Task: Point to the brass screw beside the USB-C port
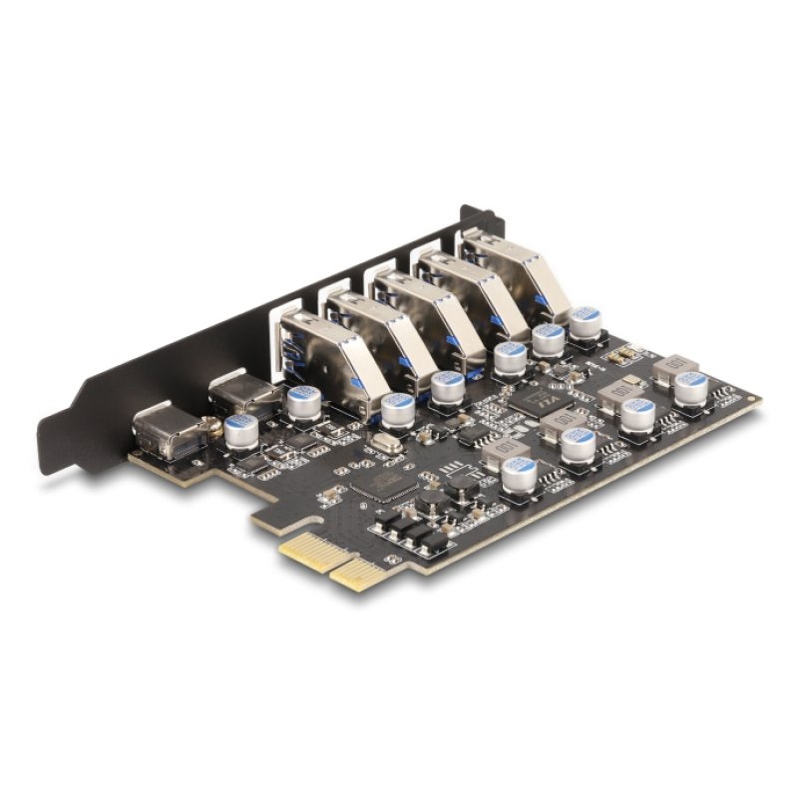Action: pyautogui.click(x=211, y=431)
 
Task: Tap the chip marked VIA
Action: pyautogui.click(x=542, y=403)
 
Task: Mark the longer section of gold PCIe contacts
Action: pyautogui.click(x=361, y=575)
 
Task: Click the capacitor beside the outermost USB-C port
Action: pyautogui.click(x=240, y=431)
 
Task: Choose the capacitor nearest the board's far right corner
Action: pyautogui.click(x=689, y=387)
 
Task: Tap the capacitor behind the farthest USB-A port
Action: pyautogui.click(x=584, y=321)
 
